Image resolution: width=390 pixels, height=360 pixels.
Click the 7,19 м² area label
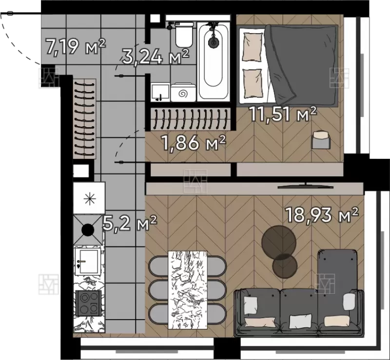[x=76, y=46]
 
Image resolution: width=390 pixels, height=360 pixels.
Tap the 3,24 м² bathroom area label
[x=156, y=57]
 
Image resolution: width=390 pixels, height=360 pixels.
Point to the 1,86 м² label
[x=194, y=143]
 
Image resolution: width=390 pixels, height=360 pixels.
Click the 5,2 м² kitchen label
[x=130, y=223]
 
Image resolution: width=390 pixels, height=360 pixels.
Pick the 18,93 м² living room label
[x=322, y=215]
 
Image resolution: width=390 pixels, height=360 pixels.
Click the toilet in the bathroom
[x=184, y=34]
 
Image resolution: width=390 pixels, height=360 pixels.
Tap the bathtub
[x=214, y=62]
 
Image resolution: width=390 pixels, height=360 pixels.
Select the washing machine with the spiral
[x=183, y=93]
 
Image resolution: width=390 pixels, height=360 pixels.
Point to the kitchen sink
[x=88, y=262]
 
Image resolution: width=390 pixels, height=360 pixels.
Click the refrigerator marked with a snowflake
[x=89, y=198]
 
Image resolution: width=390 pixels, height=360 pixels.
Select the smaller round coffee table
[x=285, y=266]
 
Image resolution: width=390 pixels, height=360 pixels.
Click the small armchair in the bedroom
[x=321, y=140]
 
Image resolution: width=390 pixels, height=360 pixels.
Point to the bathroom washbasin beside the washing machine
[x=160, y=93]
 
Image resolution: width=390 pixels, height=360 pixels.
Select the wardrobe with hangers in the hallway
[x=85, y=118]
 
